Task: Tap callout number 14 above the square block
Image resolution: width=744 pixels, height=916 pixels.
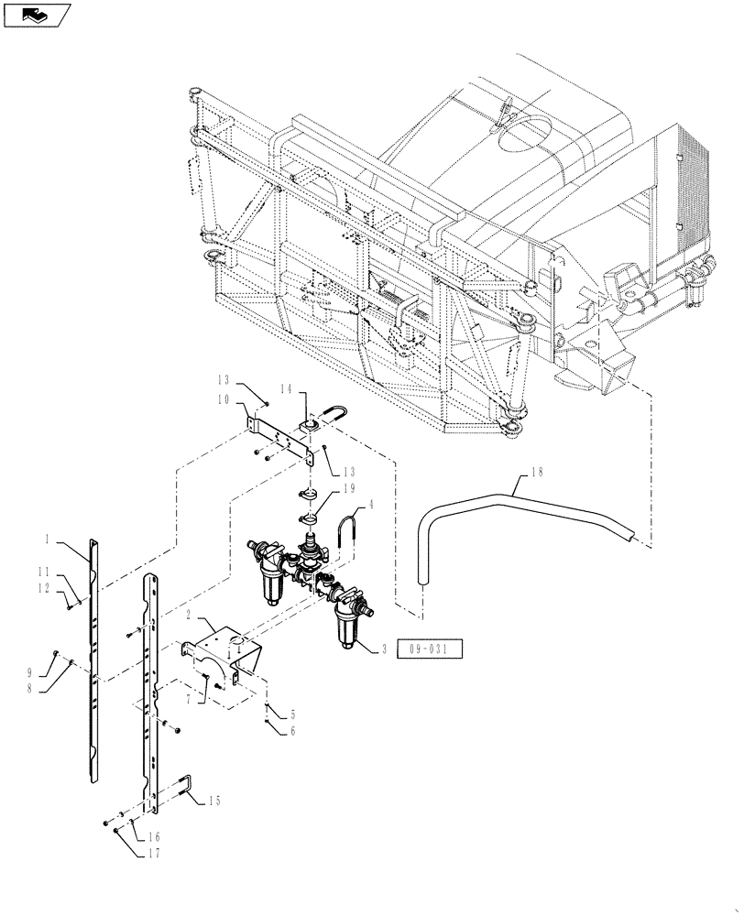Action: [x=287, y=389]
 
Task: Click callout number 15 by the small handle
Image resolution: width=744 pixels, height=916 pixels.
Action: [x=214, y=801]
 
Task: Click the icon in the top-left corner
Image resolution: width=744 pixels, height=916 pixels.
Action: [x=38, y=15]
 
